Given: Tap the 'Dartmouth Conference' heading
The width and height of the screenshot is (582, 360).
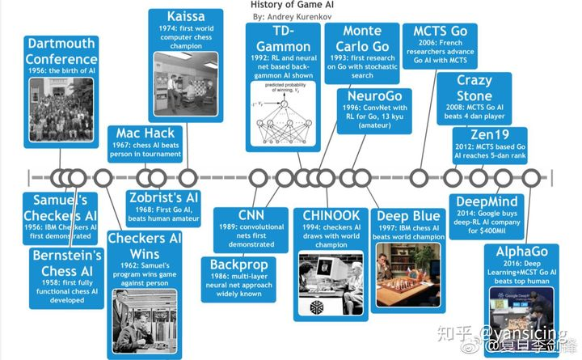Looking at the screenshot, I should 61,51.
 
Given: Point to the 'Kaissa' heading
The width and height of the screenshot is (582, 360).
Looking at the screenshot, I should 186,17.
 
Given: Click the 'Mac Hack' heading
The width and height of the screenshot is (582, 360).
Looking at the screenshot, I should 145,133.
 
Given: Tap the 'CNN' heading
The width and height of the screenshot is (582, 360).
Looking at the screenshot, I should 251,215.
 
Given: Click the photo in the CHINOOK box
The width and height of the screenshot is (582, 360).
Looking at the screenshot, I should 331,283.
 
